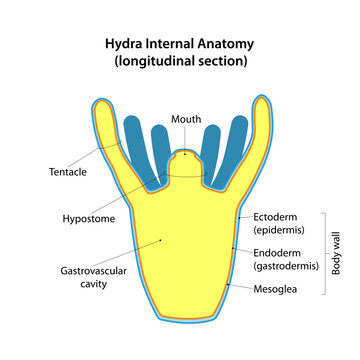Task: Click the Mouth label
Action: pos(185,119)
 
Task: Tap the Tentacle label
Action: pos(67,172)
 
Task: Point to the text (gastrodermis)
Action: pos(286,267)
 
